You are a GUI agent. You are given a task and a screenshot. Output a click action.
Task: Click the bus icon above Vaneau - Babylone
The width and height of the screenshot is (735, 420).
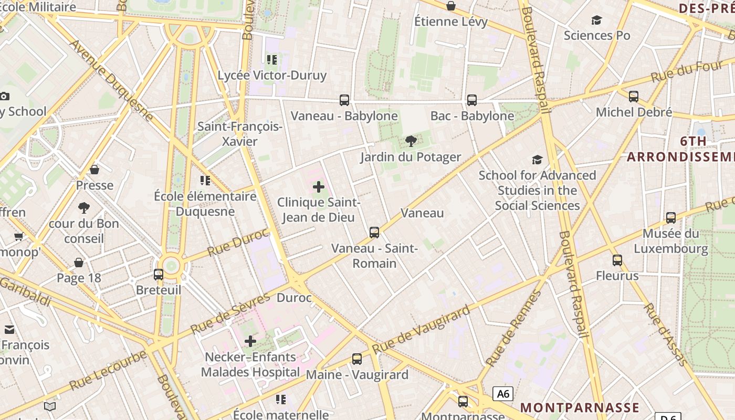point(344,100)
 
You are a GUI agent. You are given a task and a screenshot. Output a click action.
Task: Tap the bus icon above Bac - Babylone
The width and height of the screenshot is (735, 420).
point(471,100)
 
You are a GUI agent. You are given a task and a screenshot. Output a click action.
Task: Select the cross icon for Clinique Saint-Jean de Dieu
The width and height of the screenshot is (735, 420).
point(319,187)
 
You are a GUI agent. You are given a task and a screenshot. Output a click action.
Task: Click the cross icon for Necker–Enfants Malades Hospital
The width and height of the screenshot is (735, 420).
point(250,341)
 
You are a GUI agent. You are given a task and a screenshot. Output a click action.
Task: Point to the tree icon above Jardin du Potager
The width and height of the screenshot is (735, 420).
point(411,141)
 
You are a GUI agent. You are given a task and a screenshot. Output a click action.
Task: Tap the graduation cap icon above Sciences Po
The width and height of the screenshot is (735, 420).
point(596,20)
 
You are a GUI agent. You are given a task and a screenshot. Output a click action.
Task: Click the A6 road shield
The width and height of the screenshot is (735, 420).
point(502,393)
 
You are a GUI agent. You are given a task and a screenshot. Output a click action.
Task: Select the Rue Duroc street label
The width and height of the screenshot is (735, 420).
point(238,242)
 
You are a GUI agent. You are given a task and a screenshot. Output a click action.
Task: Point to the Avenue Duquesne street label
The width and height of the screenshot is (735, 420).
point(111,79)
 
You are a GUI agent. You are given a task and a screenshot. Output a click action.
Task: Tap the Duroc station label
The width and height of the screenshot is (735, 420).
point(294,298)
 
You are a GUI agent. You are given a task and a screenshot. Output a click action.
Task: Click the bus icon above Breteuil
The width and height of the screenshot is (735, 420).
point(159,274)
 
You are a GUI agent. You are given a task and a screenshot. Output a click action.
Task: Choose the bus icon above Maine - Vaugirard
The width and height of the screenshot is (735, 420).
point(357,359)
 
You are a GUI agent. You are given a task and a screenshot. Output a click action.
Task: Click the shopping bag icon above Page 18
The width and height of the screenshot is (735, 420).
point(79,262)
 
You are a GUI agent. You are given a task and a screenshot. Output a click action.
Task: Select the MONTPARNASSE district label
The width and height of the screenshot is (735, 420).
point(580,407)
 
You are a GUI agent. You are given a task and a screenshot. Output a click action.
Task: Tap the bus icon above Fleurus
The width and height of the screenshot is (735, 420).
point(617,260)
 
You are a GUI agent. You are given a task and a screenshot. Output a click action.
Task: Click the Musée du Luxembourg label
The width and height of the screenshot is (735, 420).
point(670,241)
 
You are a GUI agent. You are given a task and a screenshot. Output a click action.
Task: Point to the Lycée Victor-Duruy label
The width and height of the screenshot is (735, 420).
point(272,75)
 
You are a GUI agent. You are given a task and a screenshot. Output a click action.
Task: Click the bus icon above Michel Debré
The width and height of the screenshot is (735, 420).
point(634,96)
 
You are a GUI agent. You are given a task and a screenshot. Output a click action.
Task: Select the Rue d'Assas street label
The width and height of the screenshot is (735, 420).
point(665,334)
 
